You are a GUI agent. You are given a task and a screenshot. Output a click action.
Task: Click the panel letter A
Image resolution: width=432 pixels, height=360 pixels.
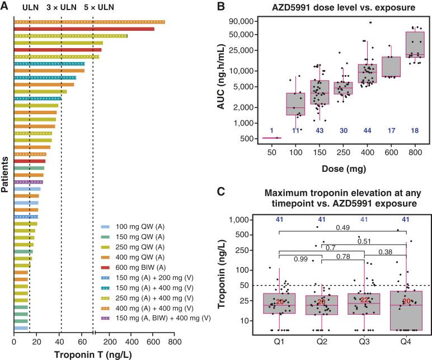click(x=5, y=6)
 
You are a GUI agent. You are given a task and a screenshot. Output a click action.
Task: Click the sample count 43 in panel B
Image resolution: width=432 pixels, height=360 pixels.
click(x=316, y=130)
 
